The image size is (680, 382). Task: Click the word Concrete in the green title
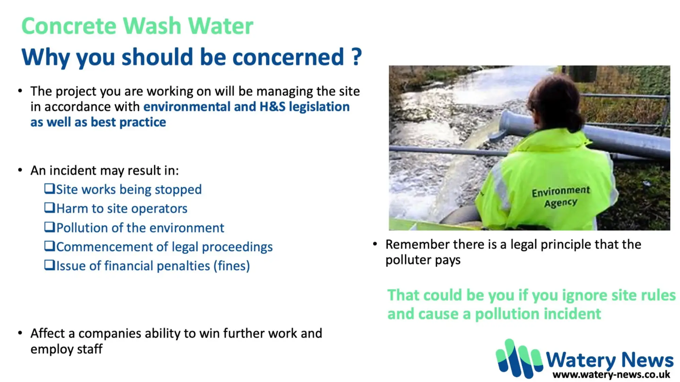click(x=69, y=26)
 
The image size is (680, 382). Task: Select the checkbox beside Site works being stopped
click(x=50, y=189)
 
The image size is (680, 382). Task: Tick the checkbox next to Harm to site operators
click(x=50, y=208)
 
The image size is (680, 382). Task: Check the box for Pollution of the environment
click(x=50, y=227)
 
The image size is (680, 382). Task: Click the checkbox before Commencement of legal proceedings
click(x=50, y=246)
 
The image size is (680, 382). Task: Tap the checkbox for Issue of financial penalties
click(x=50, y=265)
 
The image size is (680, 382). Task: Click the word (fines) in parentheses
click(x=232, y=266)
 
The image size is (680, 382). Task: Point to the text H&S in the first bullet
click(x=272, y=107)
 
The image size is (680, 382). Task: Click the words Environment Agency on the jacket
click(x=561, y=196)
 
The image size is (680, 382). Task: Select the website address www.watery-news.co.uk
click(x=611, y=375)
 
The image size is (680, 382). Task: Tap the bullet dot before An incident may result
click(x=20, y=170)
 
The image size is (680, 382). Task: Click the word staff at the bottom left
click(x=90, y=349)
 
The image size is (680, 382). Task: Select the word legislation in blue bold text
click(x=319, y=107)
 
